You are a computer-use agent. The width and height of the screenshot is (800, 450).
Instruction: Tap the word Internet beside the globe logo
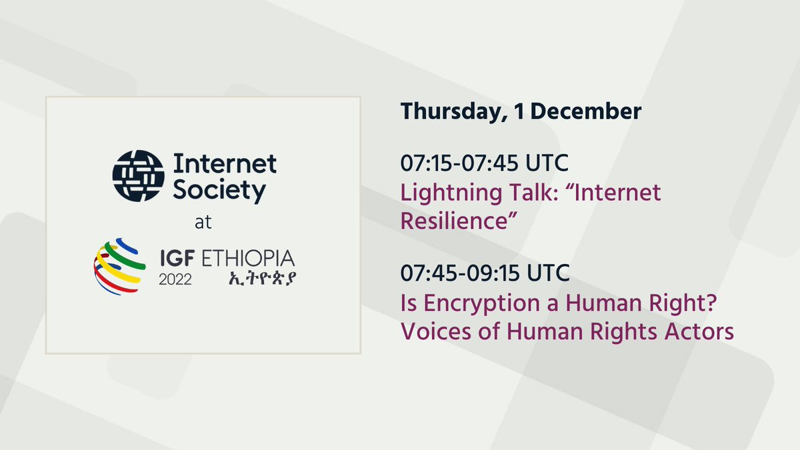(x=225, y=163)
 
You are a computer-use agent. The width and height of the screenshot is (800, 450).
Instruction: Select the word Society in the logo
(x=219, y=191)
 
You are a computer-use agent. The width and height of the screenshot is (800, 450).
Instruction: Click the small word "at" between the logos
(x=203, y=223)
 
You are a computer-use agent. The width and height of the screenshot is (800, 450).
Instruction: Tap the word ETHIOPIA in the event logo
(x=250, y=257)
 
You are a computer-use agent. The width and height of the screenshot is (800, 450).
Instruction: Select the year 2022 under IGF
(x=175, y=279)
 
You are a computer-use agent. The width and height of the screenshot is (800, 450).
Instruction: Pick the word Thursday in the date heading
(x=445, y=112)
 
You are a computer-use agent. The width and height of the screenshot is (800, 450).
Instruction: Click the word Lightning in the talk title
(x=441, y=193)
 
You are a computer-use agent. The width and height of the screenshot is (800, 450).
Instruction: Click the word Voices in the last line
(x=428, y=331)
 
